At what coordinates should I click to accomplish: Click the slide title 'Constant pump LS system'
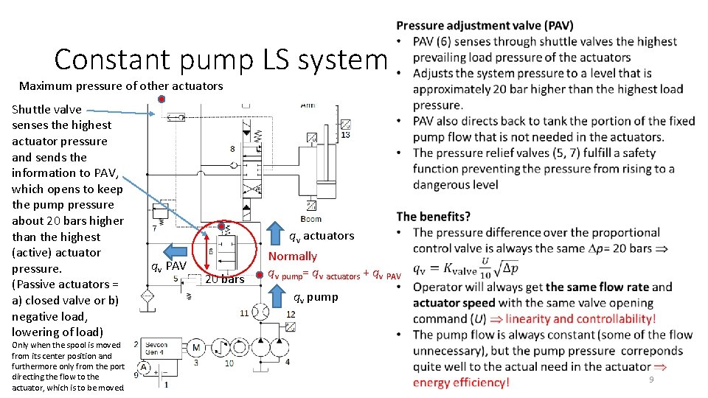coord(221,59)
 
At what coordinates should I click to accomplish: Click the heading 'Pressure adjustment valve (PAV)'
coord(484,26)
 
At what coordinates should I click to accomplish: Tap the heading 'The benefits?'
coord(433,217)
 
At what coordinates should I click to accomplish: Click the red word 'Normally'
coord(293,256)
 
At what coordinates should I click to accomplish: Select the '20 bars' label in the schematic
coord(224,279)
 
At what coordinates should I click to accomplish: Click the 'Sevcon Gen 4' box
coord(156,349)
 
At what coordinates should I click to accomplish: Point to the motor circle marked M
coord(196,347)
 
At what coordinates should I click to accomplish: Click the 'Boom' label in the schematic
coord(311,219)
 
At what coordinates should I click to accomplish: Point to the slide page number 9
coord(650,379)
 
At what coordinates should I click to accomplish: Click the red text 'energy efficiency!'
coord(461,382)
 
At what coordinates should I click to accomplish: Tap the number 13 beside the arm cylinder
coord(345,135)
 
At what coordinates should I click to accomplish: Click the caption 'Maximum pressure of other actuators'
coord(121,86)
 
